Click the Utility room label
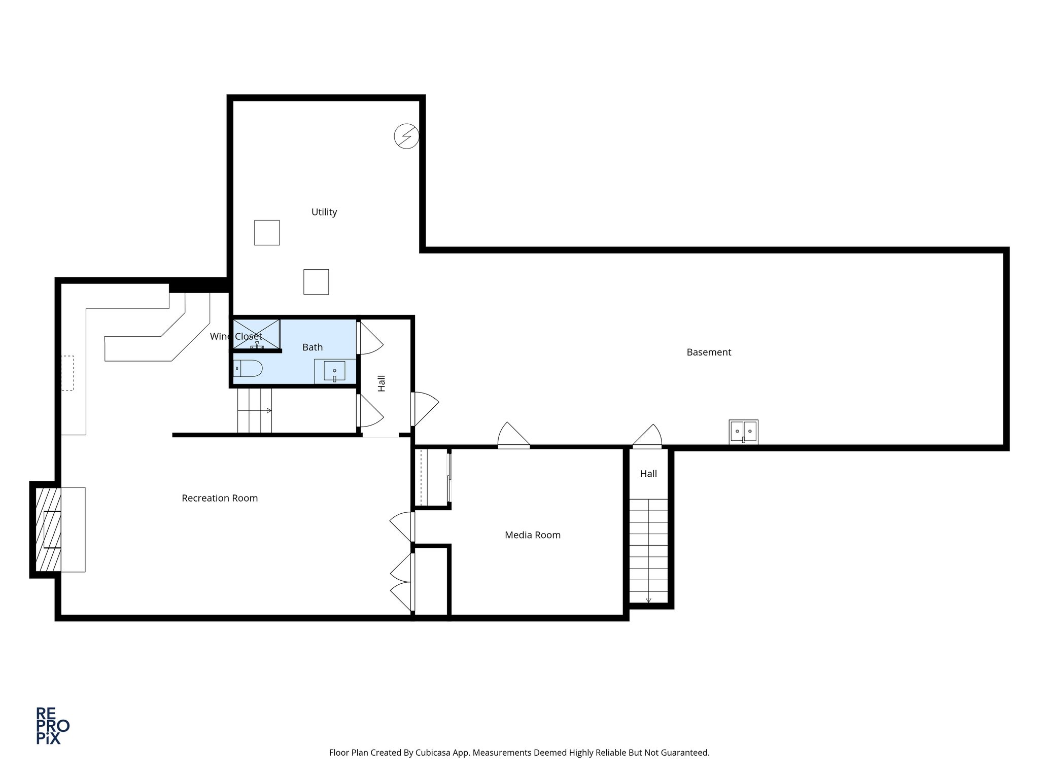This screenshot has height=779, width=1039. [x=324, y=212]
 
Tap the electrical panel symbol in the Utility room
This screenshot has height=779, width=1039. [x=406, y=136]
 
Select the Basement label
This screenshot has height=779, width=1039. [x=708, y=352]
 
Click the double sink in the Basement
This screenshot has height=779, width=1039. [x=743, y=432]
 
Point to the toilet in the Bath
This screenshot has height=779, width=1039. [x=248, y=368]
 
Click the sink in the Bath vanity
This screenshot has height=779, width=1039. [x=334, y=371]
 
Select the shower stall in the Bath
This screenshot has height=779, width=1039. [x=256, y=334]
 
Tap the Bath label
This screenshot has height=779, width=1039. [x=312, y=347]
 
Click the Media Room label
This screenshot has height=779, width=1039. [x=532, y=535]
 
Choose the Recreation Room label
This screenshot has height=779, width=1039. [x=220, y=498]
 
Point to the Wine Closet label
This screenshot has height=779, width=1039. [x=236, y=336]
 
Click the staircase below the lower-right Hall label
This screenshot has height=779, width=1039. [x=648, y=550]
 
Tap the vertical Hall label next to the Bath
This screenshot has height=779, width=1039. [x=382, y=383]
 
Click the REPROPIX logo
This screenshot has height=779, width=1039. [x=52, y=726]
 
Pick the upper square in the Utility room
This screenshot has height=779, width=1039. [x=266, y=233]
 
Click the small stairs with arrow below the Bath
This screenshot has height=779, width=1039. [x=255, y=410]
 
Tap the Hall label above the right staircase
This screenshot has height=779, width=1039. [x=648, y=474]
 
